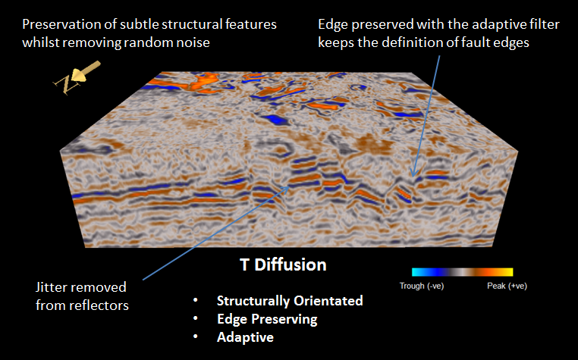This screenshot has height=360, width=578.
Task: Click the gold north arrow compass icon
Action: (x=77, y=77)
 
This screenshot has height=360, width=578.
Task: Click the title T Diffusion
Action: (x=283, y=265)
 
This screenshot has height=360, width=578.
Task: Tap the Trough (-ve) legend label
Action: (x=422, y=286)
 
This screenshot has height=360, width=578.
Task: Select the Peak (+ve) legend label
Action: (x=507, y=286)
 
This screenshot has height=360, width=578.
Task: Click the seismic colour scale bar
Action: (x=462, y=272)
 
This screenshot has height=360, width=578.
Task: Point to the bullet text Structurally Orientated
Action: (x=290, y=301)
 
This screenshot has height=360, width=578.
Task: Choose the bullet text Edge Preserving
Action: (x=267, y=319)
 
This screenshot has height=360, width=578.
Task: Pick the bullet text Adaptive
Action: (x=245, y=337)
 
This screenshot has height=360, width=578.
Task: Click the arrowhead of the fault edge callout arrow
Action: (x=413, y=174)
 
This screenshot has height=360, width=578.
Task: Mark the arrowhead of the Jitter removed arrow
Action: (x=286, y=188)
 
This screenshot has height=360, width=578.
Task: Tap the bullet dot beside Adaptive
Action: (x=196, y=337)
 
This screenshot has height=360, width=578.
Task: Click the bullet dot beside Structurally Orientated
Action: (x=196, y=301)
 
